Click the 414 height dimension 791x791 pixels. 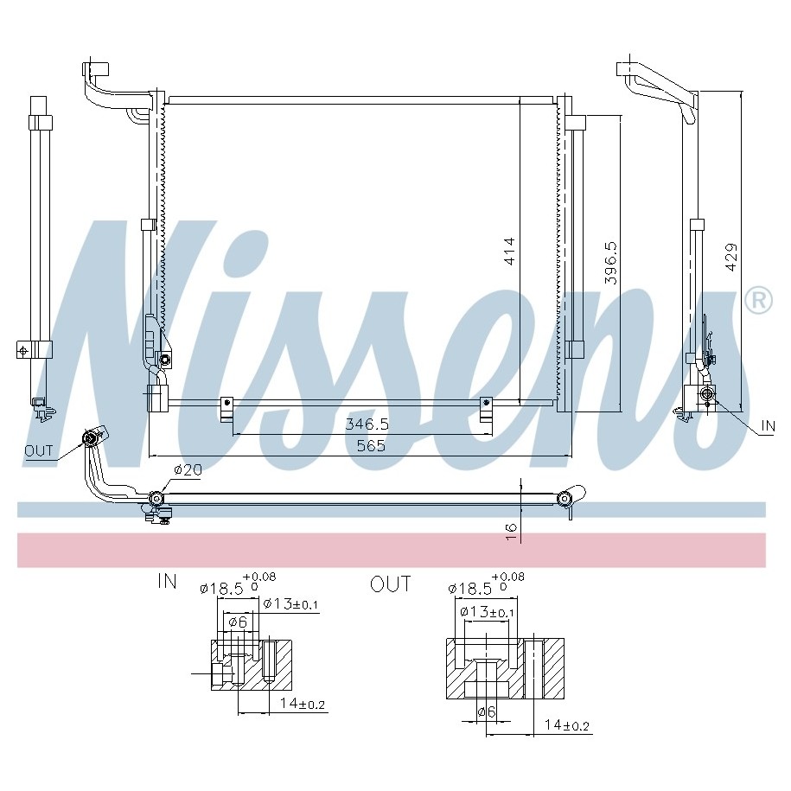point(510,252)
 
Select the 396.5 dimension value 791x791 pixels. point(611,263)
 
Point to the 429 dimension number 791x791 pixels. point(731,258)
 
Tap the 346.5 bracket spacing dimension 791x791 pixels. point(367,424)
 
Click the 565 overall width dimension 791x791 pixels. point(371,446)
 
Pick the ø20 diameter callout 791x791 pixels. point(188,470)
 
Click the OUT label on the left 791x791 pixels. point(39,450)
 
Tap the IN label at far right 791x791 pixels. point(768,426)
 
